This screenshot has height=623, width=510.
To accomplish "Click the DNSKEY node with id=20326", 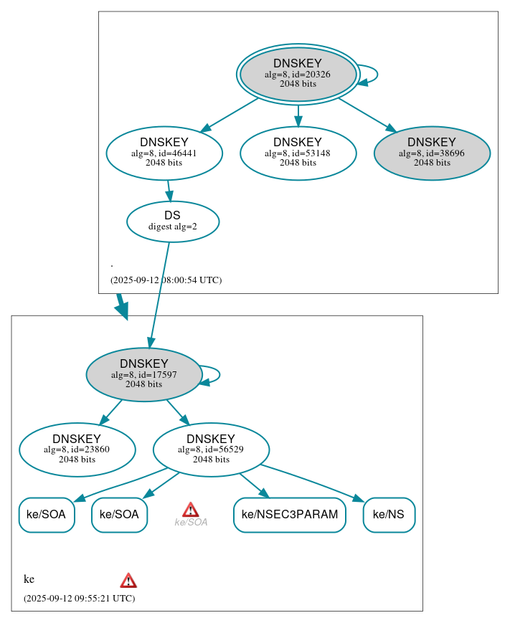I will pos(298,74).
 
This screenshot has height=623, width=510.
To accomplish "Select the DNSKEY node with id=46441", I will pos(164,153).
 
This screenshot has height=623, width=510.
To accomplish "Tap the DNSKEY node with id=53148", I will pos(298,153).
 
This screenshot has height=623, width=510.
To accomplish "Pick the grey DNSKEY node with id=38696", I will pos(432,153).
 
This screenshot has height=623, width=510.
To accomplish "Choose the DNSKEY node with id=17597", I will pos(143,374).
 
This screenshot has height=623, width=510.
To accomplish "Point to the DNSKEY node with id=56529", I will pos(211,450).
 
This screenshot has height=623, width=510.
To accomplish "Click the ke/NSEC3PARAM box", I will pos(290,515).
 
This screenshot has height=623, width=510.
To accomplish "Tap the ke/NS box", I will pos(389,515).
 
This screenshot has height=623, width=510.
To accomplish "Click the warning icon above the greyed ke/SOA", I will pos(190,510).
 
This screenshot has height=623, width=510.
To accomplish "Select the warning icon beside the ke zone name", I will pos(128,581).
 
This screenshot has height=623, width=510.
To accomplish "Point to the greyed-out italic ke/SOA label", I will pos(191,523).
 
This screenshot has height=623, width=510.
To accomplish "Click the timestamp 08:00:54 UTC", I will pos(166,280).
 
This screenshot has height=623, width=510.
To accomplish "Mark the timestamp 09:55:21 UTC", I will pos(79,599).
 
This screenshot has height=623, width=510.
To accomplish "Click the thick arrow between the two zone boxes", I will pos(122,306).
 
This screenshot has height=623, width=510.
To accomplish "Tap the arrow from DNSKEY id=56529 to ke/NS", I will pos(316,481).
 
